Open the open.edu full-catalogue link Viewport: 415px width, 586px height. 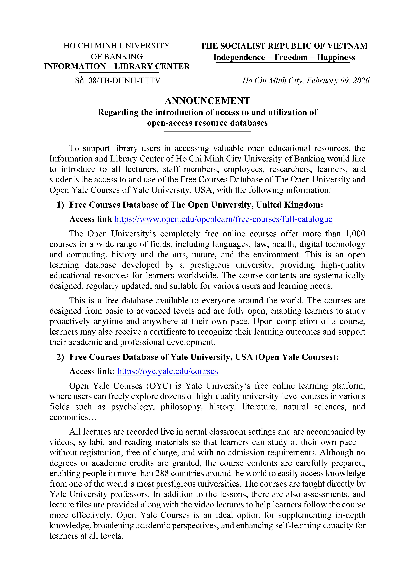[x=223, y=219]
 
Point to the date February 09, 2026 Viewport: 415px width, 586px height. [x=338, y=81]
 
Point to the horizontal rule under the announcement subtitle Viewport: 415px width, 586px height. [x=207, y=131]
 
